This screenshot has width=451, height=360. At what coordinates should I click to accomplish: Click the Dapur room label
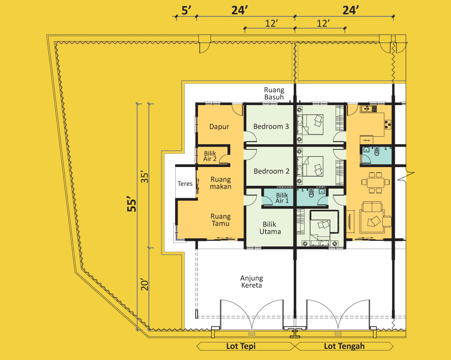219,126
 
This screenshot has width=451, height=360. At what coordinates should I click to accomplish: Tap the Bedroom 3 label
271,126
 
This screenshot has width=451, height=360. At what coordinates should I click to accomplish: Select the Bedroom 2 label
271,171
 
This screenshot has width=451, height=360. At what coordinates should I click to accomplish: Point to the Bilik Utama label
270,228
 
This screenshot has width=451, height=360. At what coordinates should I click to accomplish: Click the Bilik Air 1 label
282,198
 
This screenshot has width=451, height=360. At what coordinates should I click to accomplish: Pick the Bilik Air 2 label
210,156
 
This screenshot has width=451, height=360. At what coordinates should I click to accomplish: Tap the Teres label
185,183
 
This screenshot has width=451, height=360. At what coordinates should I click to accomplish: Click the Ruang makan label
221,183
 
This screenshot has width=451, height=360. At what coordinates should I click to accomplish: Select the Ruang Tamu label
221,220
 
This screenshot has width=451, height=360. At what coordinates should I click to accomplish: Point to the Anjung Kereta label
252,282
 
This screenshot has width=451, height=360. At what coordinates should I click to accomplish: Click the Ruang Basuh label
274,93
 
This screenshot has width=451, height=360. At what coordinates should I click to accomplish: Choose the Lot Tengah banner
344,346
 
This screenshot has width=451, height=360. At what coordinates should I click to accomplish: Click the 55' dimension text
132,205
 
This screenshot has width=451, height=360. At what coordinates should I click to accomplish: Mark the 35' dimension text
144,177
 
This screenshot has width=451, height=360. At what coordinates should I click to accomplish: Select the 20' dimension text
144,284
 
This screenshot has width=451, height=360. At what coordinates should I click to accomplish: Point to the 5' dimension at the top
186,10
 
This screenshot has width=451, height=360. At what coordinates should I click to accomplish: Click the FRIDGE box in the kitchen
366,140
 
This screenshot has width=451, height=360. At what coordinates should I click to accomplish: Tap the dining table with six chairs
375,182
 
